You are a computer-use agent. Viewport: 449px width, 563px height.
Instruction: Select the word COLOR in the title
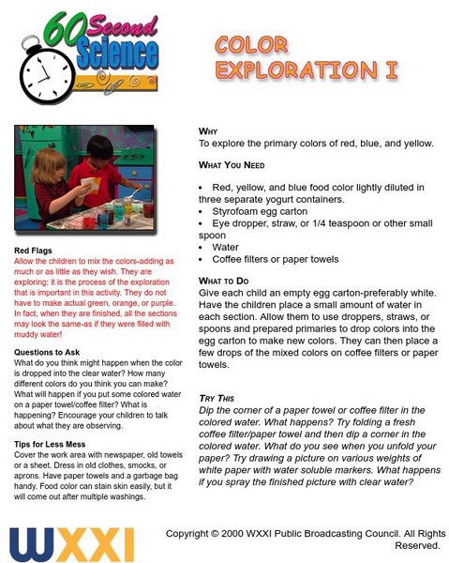pyautogui.click(x=257, y=44)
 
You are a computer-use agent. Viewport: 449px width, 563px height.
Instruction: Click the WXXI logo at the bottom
pyautogui.click(x=71, y=544)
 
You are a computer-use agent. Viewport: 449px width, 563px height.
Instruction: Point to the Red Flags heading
pyautogui.click(x=34, y=251)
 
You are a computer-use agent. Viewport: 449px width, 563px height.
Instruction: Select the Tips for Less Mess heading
pyautogui.click(x=52, y=443)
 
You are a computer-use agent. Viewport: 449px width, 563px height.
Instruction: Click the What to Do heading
pyautogui.click(x=230, y=281)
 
